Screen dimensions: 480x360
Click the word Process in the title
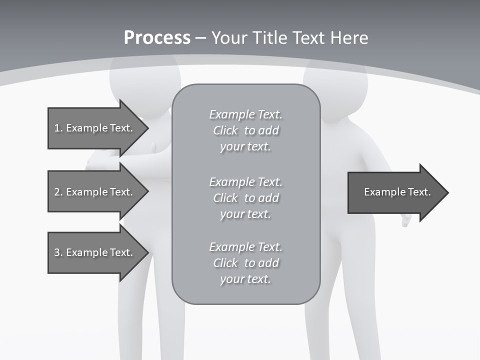tap(157, 37)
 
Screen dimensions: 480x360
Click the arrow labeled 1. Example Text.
tap(98, 128)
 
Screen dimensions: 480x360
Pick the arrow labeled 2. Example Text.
tap(98, 191)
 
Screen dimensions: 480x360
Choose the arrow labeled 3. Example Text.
tap(98, 252)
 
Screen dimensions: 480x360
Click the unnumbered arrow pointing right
tap(398, 192)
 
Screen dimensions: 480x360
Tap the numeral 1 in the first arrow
tap(57, 128)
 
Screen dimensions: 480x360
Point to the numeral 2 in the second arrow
tap(57, 192)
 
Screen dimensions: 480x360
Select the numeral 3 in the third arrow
tap(57, 252)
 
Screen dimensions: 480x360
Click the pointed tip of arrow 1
tap(148, 128)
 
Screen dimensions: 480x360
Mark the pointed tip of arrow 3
tap(148, 252)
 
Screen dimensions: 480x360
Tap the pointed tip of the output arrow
tap(448, 192)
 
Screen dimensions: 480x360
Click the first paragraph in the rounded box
tap(246, 130)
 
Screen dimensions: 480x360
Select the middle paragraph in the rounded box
tap(246, 198)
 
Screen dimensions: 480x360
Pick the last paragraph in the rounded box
tap(246, 263)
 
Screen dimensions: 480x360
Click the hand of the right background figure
tap(406, 220)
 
